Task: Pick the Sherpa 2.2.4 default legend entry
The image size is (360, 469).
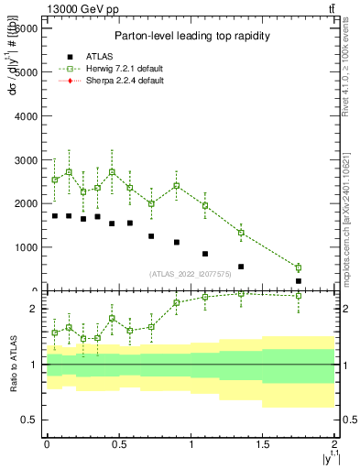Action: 109,81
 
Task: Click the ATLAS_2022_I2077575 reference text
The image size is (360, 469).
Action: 190,273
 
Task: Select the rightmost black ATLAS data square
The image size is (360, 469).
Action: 299,281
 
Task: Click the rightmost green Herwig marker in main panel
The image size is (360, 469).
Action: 299,267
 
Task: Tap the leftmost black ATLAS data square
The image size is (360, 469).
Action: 55,216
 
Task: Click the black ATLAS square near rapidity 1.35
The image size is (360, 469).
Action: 241,267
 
